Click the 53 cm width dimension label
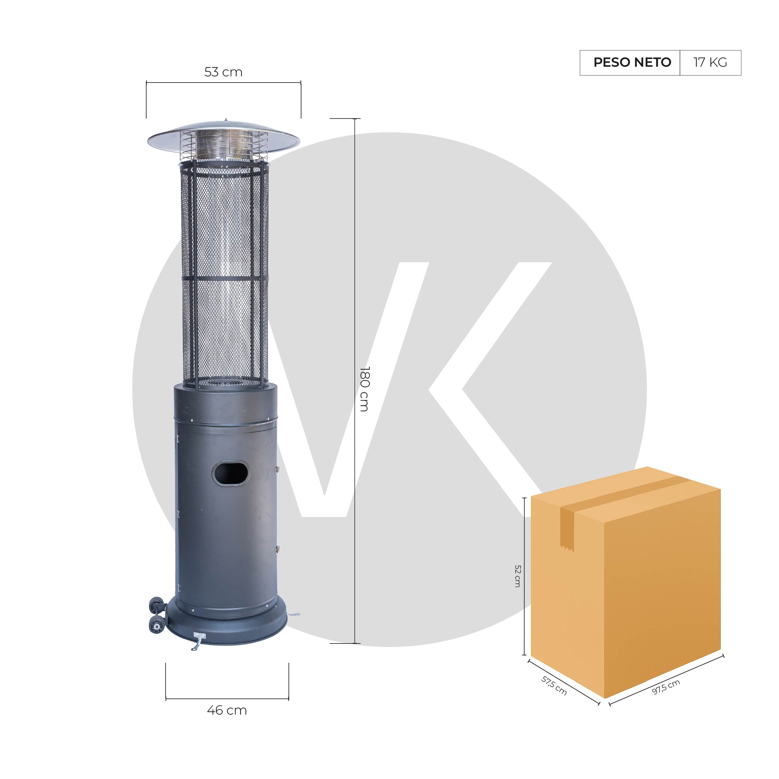pos(223,72)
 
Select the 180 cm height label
pos(364,389)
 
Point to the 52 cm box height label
pos(518,576)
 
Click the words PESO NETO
pos(632,63)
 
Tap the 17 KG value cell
pos(710,63)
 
